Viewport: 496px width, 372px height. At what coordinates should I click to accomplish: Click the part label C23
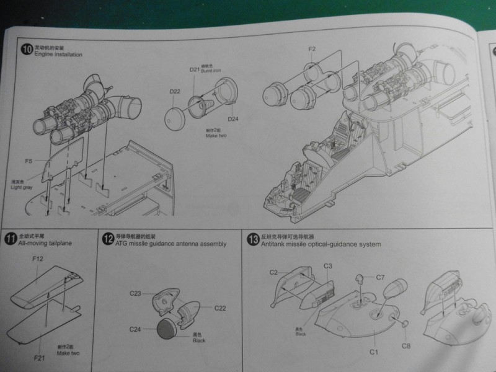click(x=137, y=292)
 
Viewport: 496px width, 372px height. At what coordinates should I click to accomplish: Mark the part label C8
click(x=405, y=346)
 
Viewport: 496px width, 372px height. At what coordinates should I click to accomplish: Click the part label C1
click(x=373, y=352)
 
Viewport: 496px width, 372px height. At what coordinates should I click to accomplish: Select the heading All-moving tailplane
click(x=45, y=244)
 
